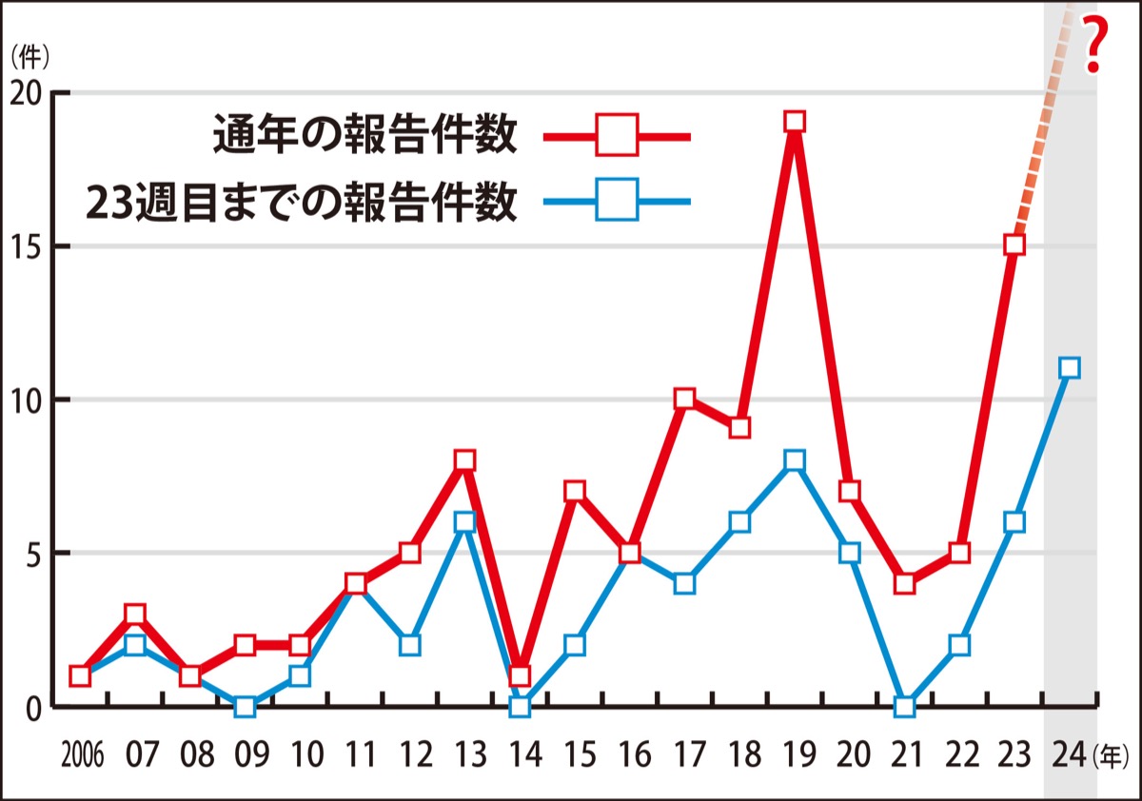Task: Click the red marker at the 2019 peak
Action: click(x=795, y=122)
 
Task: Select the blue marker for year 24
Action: click(x=1069, y=368)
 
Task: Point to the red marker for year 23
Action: click(x=1014, y=245)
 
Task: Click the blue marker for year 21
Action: click(x=904, y=706)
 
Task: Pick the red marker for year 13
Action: click(x=464, y=460)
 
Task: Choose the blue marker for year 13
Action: click(x=464, y=521)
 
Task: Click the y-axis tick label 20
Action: click(x=28, y=93)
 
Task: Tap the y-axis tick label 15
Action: click(x=28, y=246)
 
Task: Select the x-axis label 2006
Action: click(x=82, y=758)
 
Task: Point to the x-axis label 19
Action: click(x=797, y=757)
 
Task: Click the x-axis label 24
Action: click(x=1072, y=757)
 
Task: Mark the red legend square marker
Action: click(x=617, y=136)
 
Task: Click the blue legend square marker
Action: click(x=617, y=201)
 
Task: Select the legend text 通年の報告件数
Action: click(x=364, y=135)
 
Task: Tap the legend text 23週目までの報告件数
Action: click(x=302, y=202)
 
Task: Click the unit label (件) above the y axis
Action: click(x=30, y=56)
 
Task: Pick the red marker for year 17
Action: click(x=684, y=399)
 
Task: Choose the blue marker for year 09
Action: click(x=245, y=706)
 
